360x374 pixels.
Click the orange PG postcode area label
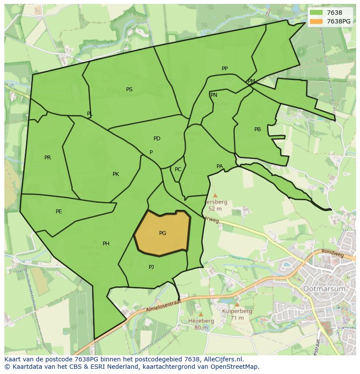pos(163,233)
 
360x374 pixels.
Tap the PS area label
pos(129,89)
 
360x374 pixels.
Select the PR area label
pos(47,158)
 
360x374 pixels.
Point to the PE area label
pos(59,212)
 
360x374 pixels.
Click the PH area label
pos(106,244)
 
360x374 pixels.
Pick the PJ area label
pos(151,267)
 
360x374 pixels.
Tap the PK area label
pos(116,174)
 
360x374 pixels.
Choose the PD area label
pos(157,139)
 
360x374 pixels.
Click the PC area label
pos(178,169)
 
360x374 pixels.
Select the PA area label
pos(220,166)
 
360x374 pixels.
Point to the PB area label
pos(258,129)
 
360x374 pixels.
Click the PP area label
pos(225,69)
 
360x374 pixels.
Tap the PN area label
pos(213,95)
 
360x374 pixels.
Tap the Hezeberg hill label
pos(201,321)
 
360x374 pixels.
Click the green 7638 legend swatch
pos(316,13)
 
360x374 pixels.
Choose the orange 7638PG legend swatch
pos(316,21)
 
